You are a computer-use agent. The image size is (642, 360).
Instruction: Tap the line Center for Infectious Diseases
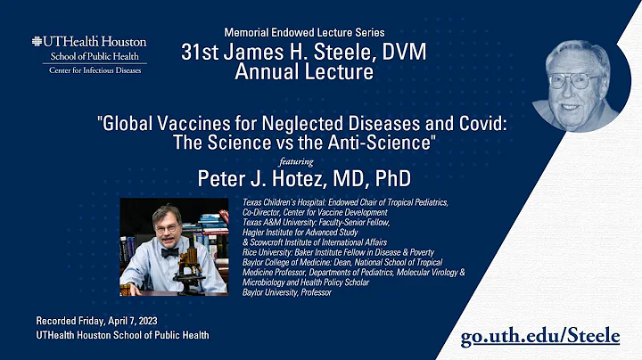pyautogui.click(x=88, y=70)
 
